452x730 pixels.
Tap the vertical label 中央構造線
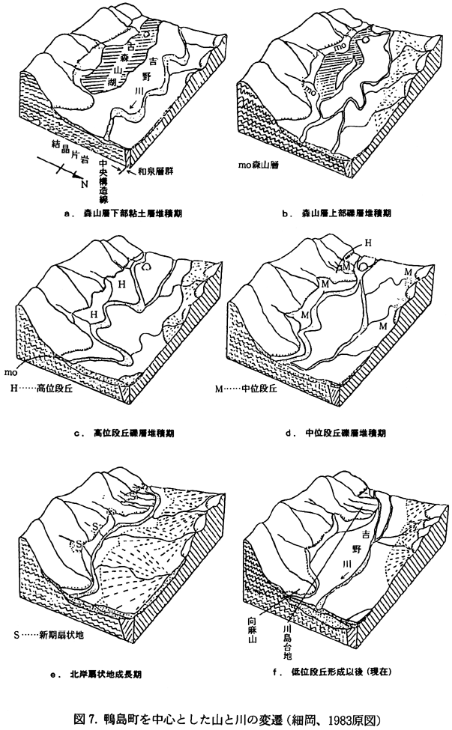click(x=105, y=175)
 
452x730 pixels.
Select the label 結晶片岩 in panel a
click(x=69, y=150)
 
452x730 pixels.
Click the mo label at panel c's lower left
click(x=11, y=370)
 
